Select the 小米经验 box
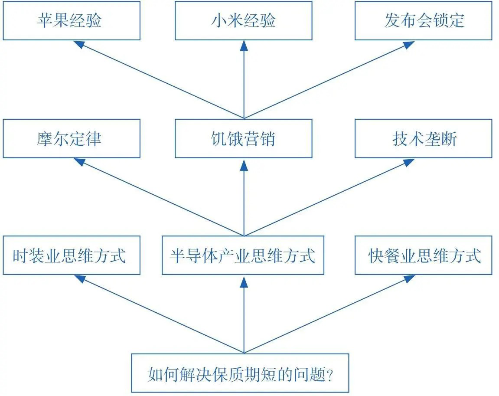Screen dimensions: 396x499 tap(243, 20)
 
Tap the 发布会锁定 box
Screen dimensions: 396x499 tap(423, 20)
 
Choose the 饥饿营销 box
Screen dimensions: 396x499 tap(243, 138)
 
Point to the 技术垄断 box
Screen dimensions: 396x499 tap(423, 138)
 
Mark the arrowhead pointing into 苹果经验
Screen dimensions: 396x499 tap(78, 44)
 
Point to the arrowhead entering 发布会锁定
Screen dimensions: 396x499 tap(408, 44)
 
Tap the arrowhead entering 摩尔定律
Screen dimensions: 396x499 tap(78, 161)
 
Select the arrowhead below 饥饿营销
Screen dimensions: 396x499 tap(244, 164)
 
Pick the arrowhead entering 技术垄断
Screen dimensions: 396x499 tap(408, 161)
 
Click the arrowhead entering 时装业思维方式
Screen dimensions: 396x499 tap(78, 278)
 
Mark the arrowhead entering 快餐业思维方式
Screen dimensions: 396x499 tap(408, 278)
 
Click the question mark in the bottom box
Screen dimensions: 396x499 tap(329, 374)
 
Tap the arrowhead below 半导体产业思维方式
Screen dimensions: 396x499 tap(244, 281)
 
